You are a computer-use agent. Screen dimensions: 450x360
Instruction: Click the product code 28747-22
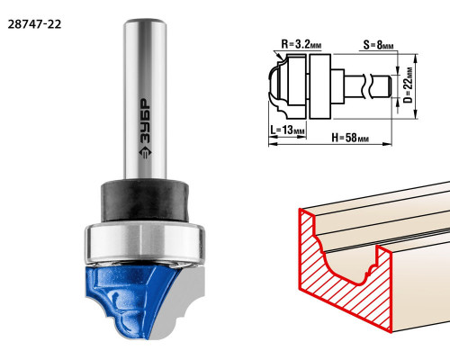pos(34,24)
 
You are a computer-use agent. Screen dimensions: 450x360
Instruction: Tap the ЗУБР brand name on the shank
pos(145,121)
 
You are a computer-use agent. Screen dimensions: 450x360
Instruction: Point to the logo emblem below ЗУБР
pos(145,153)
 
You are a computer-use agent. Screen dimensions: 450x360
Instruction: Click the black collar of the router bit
pos(145,201)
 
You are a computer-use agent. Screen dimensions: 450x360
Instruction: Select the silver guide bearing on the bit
pos(145,242)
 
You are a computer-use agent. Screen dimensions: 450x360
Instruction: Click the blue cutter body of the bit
pos(129,297)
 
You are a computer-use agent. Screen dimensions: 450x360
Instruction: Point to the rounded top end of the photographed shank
pos(146,22)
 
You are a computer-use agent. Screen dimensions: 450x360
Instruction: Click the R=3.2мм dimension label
pos(301,44)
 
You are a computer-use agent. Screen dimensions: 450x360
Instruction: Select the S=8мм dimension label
pos(378,45)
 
